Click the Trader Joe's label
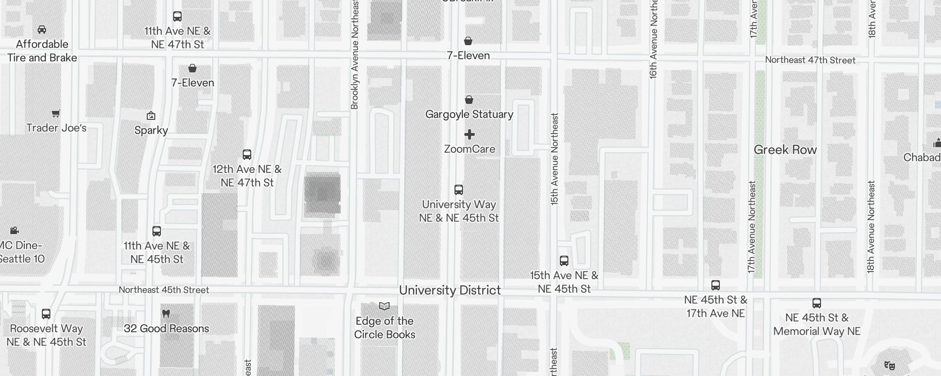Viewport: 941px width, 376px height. [56, 128]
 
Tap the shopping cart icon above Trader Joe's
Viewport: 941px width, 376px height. [56, 113]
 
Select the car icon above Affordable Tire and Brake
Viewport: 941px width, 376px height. [42, 30]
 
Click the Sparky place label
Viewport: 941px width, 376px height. [151, 130]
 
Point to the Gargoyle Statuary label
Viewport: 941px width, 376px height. [469, 114]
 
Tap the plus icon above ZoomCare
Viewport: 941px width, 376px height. [469, 135]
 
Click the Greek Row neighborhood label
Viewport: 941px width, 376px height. [785, 150]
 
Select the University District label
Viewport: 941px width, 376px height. [450, 290]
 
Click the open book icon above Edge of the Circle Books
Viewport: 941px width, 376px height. [384, 306]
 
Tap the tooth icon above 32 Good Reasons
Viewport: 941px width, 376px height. [166, 313]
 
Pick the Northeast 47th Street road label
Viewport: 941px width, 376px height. [810, 60]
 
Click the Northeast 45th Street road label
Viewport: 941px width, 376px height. [164, 290]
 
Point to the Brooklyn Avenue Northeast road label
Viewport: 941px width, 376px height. [355, 55]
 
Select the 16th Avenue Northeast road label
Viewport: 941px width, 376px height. [653, 39]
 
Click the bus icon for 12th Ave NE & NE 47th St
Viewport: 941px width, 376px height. [247, 154]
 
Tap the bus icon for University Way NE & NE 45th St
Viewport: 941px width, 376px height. [459, 189]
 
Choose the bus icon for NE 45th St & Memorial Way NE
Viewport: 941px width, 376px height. [817, 303]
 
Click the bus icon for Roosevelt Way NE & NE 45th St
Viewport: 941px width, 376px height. [46, 313]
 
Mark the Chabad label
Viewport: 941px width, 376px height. [922, 157]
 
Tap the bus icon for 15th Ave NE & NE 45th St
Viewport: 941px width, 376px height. [564, 260]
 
